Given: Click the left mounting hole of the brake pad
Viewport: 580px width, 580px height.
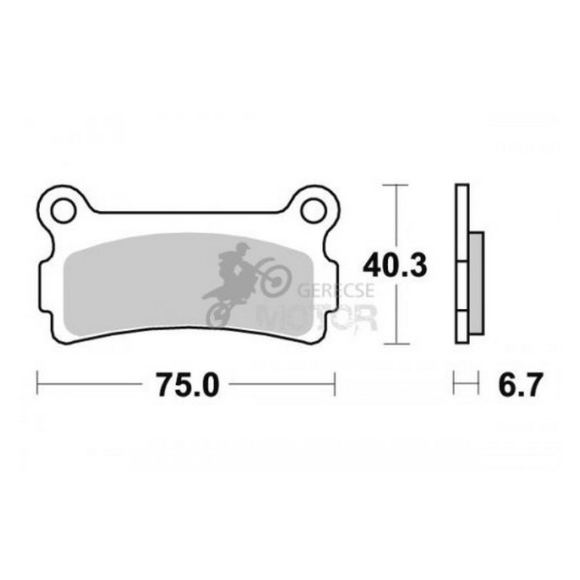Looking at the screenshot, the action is (63, 210).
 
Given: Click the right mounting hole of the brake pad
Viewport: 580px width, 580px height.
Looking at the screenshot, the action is (313, 210).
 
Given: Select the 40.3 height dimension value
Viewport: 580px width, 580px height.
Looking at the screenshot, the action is (395, 266).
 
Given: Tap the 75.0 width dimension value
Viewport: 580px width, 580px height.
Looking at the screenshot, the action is (188, 385).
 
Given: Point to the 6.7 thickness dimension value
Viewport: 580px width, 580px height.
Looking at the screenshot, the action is (520, 385).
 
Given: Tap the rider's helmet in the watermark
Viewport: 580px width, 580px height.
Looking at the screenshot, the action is (243, 247).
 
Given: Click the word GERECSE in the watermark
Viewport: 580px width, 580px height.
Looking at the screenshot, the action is (335, 290).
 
